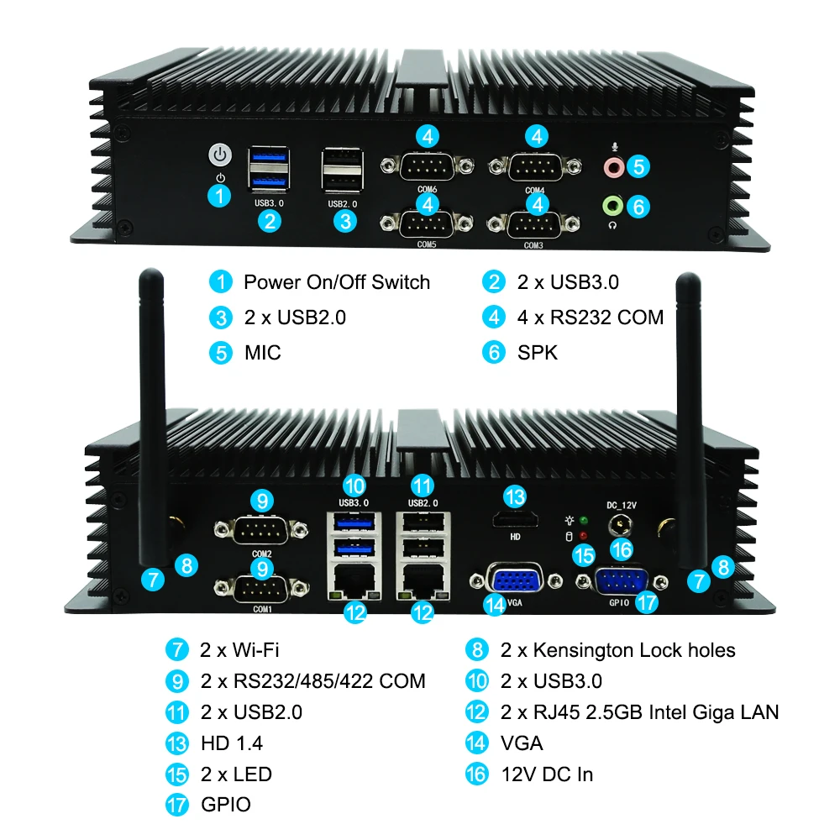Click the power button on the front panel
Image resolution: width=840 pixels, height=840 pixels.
(x=219, y=155)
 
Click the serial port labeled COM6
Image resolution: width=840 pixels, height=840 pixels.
(x=428, y=166)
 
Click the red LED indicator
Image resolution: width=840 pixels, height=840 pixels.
(x=583, y=536)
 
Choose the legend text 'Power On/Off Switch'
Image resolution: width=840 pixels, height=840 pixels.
(x=336, y=282)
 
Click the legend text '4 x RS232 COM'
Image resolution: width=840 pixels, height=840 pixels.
(x=590, y=318)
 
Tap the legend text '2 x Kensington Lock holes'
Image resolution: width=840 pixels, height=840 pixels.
(x=617, y=650)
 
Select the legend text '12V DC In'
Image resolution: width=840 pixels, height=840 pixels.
(x=547, y=774)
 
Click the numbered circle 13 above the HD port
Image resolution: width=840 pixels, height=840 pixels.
(x=514, y=496)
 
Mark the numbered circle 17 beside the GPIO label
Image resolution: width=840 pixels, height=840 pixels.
(x=646, y=601)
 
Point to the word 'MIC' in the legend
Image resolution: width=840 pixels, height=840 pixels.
(x=262, y=353)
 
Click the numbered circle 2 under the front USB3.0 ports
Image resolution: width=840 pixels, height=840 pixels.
(x=269, y=221)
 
